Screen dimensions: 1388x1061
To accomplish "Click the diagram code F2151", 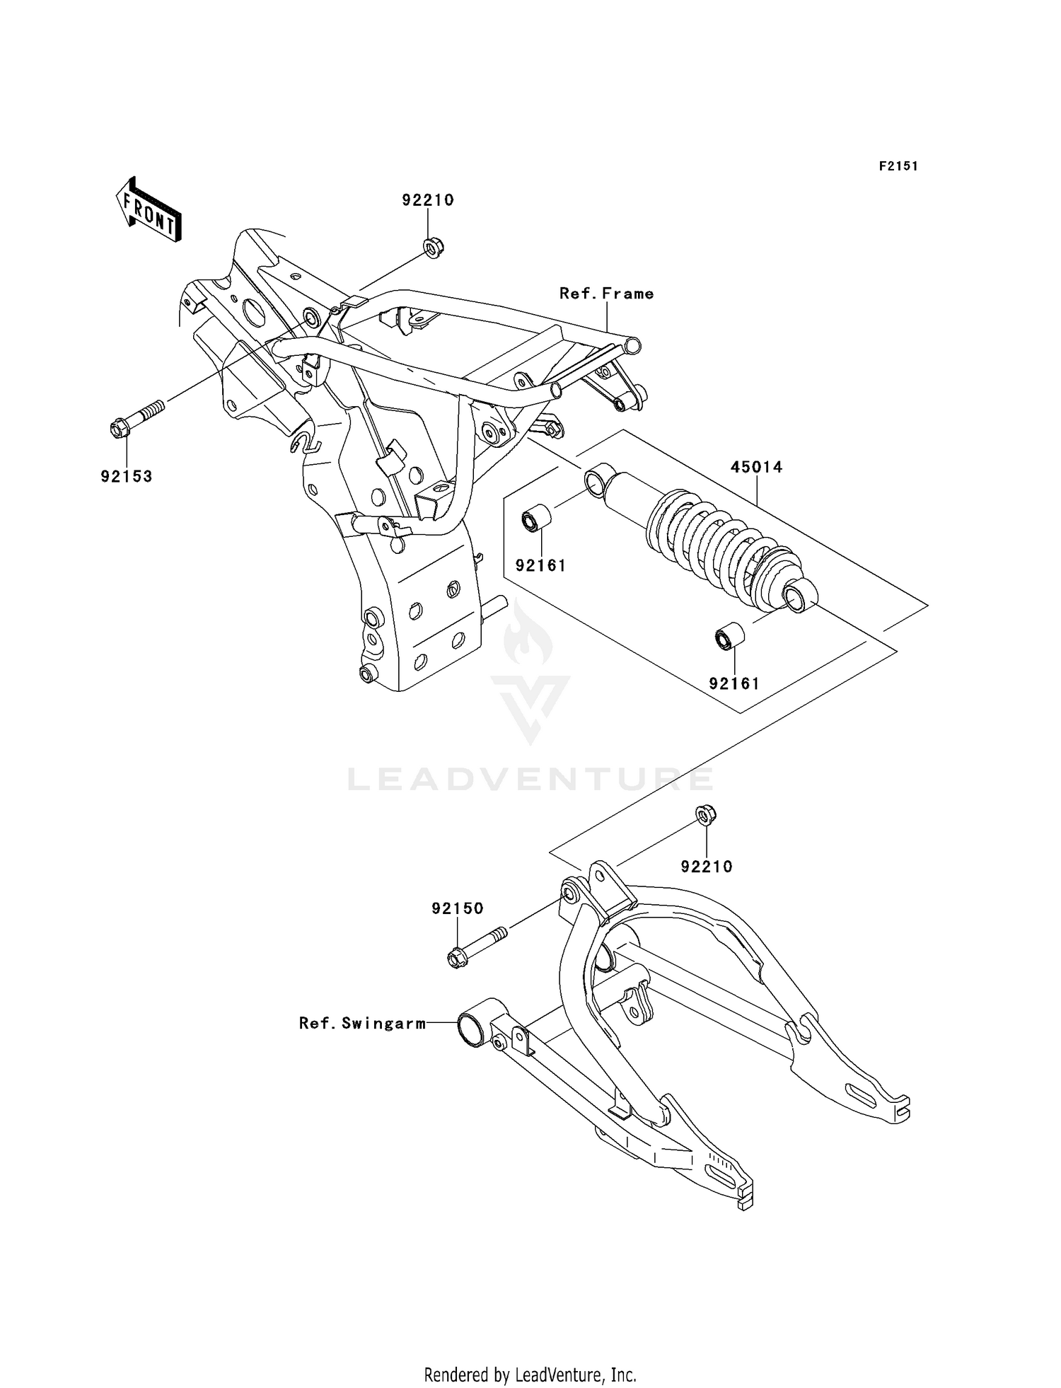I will pyautogui.click(x=898, y=166).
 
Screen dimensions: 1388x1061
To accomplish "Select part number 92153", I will pyautogui.click(x=127, y=476).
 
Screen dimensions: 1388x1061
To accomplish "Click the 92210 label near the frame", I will pyautogui.click(x=428, y=200).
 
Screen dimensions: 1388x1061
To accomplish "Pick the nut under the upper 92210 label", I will pyautogui.click(x=429, y=247).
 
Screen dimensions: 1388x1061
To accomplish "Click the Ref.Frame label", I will pyautogui.click(x=606, y=294).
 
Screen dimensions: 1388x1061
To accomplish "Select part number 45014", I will pyautogui.click(x=756, y=467).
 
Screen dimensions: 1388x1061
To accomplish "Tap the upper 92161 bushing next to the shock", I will pyautogui.click(x=536, y=518).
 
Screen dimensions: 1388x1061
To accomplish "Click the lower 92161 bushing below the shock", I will pyautogui.click(x=729, y=635).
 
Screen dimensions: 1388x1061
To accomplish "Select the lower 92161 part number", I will pyautogui.click(x=734, y=684).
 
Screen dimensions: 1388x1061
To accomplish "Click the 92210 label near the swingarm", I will pyautogui.click(x=707, y=867).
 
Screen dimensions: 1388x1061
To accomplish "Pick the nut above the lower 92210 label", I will pyautogui.click(x=706, y=815).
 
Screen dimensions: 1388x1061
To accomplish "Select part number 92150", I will pyautogui.click(x=458, y=908).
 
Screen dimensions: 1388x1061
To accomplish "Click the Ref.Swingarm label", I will pyautogui.click(x=362, y=1023).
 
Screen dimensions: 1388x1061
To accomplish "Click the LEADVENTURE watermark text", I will pyautogui.click(x=530, y=780).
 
